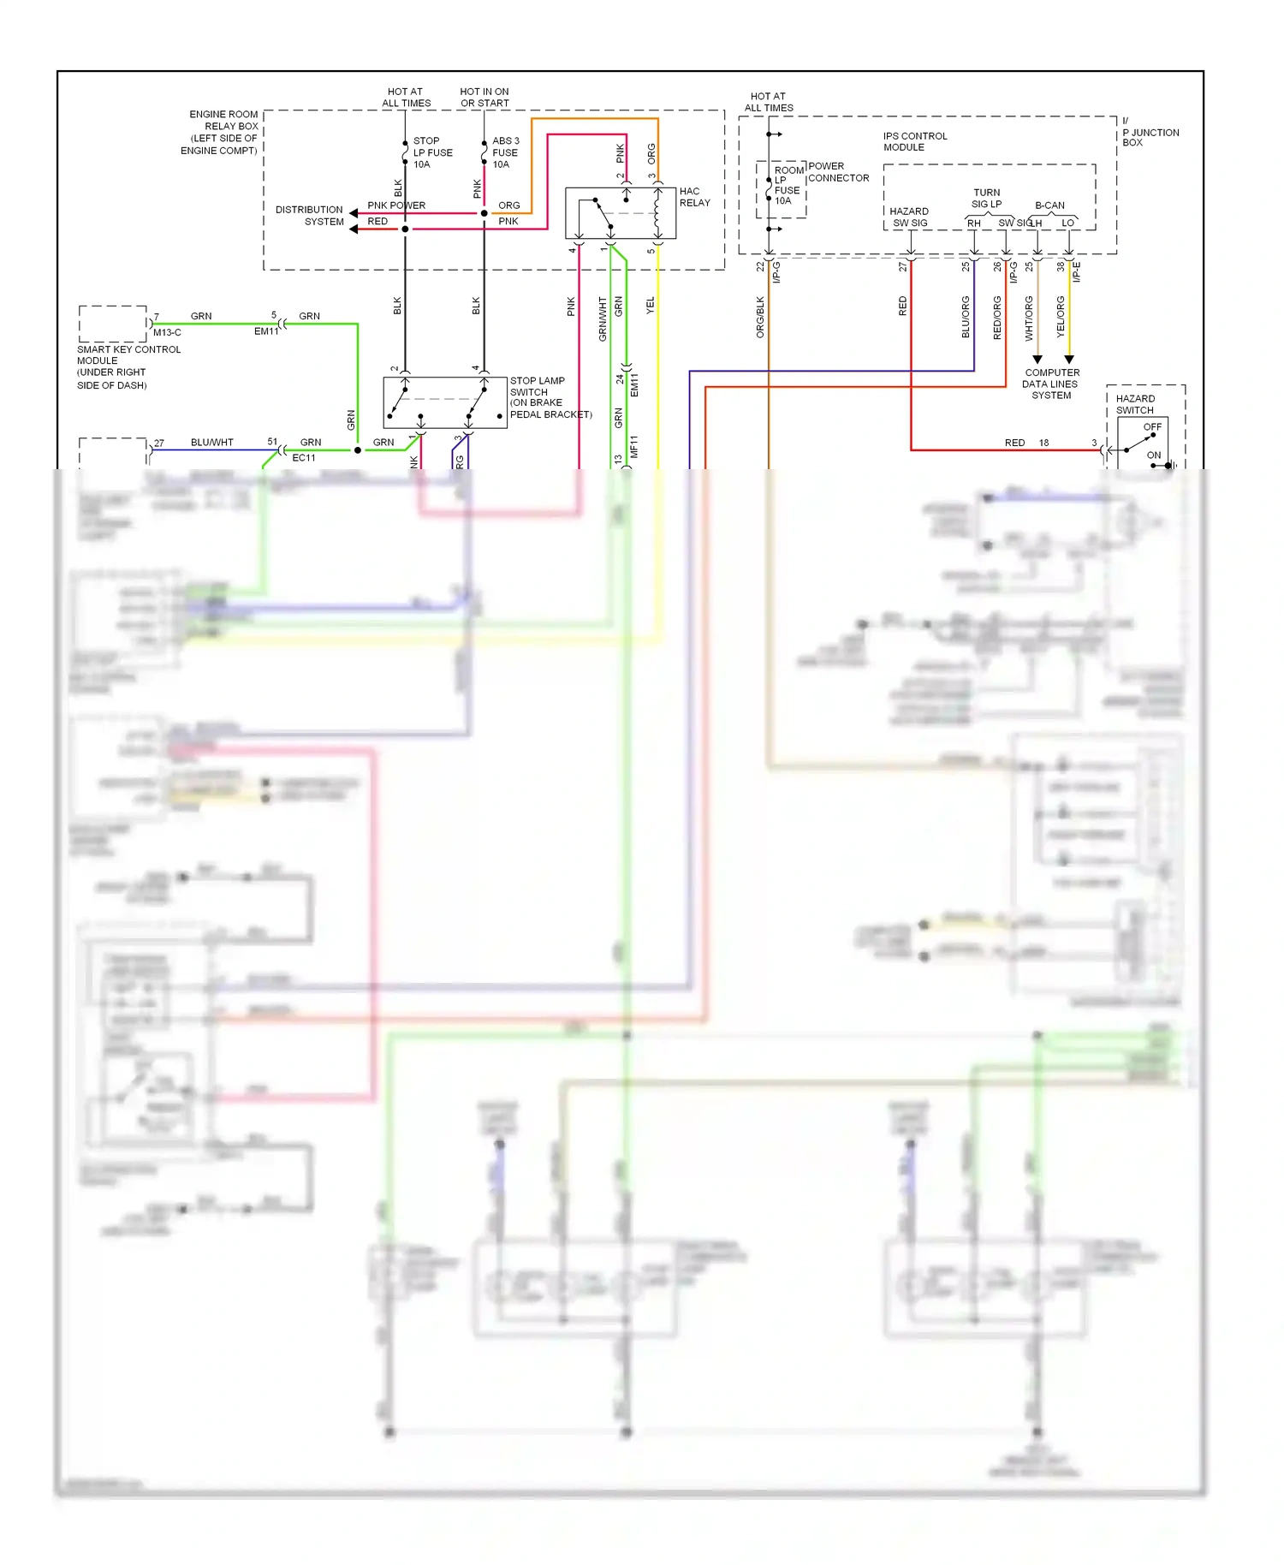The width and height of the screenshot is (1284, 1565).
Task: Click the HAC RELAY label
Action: tap(694, 197)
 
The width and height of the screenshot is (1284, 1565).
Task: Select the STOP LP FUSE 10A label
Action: tap(432, 152)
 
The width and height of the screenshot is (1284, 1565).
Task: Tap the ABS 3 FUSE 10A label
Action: tap(505, 152)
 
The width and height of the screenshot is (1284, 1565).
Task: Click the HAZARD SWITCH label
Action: tap(1135, 404)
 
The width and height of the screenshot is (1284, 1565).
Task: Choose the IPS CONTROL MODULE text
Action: tap(914, 141)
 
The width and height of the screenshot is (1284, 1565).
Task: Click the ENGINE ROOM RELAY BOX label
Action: tap(221, 132)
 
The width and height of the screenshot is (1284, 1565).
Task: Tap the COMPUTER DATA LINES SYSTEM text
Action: tap(1051, 384)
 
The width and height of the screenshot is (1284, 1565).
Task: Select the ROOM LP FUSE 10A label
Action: tap(788, 185)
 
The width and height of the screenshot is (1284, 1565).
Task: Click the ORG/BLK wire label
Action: tap(759, 317)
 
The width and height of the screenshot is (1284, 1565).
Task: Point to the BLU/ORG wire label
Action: tap(966, 317)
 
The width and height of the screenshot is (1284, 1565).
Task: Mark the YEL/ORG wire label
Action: tap(1061, 317)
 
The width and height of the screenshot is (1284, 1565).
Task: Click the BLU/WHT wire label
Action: tap(211, 443)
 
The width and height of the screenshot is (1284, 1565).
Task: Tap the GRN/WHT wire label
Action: tap(603, 319)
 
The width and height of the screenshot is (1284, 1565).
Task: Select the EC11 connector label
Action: tap(304, 458)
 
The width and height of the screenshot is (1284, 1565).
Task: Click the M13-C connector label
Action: tap(167, 332)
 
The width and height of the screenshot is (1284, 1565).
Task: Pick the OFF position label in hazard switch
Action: tap(1152, 426)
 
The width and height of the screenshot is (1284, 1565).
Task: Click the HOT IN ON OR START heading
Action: tap(484, 98)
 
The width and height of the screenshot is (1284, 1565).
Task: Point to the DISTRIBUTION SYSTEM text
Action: tap(309, 216)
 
